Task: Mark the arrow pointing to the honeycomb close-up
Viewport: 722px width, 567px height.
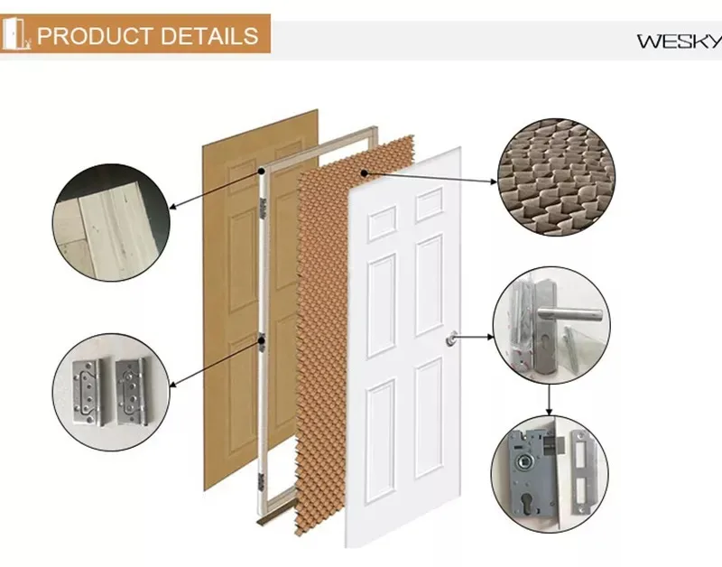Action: tap(430, 178)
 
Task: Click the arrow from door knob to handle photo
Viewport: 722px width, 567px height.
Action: tap(474, 339)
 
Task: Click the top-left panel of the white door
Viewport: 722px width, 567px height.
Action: tap(381, 222)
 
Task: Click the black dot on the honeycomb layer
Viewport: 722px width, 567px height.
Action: tap(363, 172)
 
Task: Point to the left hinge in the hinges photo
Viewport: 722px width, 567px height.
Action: tap(87, 380)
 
